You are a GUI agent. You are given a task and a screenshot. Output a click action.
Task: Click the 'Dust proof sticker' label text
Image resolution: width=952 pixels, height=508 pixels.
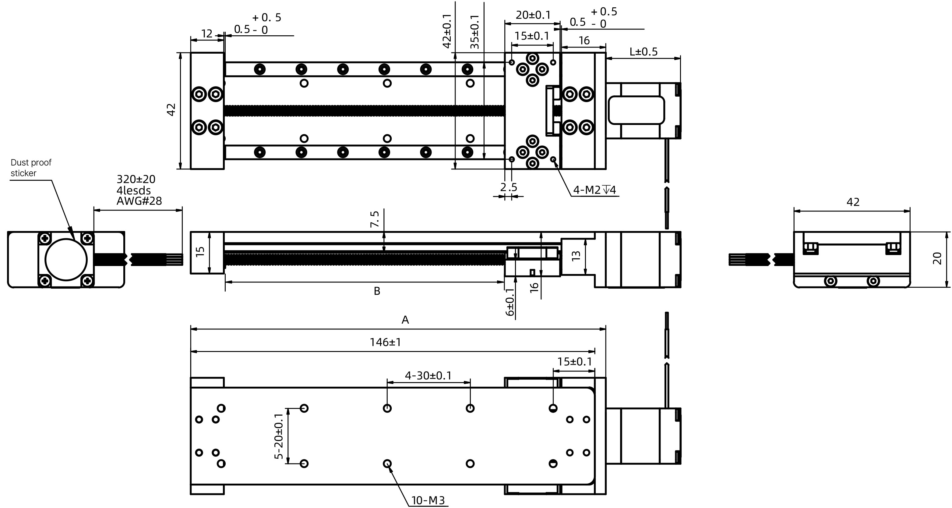(x=31, y=168)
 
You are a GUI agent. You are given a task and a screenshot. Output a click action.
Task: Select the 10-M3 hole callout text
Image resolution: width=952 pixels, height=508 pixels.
(x=428, y=501)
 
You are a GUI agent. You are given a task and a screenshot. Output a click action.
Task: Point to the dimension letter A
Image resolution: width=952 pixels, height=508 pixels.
(x=405, y=320)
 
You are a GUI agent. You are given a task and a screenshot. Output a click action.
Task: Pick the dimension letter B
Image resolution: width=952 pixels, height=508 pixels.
(x=377, y=291)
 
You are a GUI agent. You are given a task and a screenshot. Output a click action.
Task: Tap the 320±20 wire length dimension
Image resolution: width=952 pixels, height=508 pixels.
(x=136, y=179)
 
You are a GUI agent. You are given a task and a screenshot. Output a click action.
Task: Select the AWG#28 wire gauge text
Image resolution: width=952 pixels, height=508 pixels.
(x=139, y=201)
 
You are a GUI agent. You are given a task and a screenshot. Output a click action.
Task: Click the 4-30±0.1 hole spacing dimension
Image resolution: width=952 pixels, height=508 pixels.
(x=428, y=376)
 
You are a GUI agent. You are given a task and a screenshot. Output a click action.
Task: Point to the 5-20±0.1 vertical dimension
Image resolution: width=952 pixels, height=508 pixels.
(x=279, y=436)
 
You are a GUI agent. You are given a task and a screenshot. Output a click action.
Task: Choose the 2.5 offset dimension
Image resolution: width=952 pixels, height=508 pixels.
(x=509, y=187)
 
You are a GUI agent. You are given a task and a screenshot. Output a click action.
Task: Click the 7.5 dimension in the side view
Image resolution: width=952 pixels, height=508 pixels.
(x=375, y=219)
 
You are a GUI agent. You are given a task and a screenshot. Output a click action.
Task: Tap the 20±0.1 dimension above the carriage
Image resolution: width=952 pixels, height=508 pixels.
(x=533, y=15)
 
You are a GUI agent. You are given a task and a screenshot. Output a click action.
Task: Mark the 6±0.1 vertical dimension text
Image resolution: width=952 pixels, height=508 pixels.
(x=510, y=302)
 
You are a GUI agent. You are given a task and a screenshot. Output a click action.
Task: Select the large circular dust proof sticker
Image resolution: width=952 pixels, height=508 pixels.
(x=66, y=260)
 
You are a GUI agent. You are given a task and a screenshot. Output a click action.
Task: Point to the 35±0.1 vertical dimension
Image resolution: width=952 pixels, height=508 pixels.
(x=474, y=32)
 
